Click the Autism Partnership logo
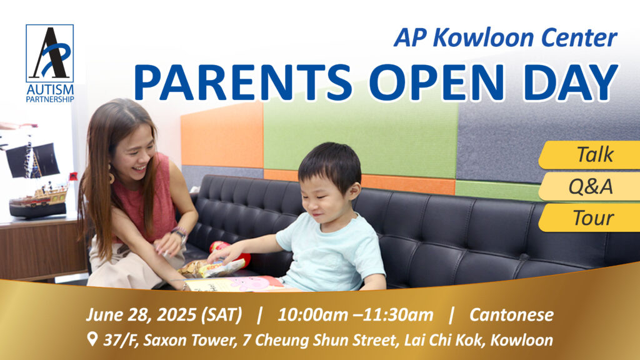50,63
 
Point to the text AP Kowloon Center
505,38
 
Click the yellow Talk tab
589,155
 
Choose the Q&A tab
589,186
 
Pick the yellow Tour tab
589,218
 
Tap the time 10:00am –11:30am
355,315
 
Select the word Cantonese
511,315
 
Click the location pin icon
92,339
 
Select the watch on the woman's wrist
179,234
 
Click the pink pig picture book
235,284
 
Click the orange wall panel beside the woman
222,136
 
